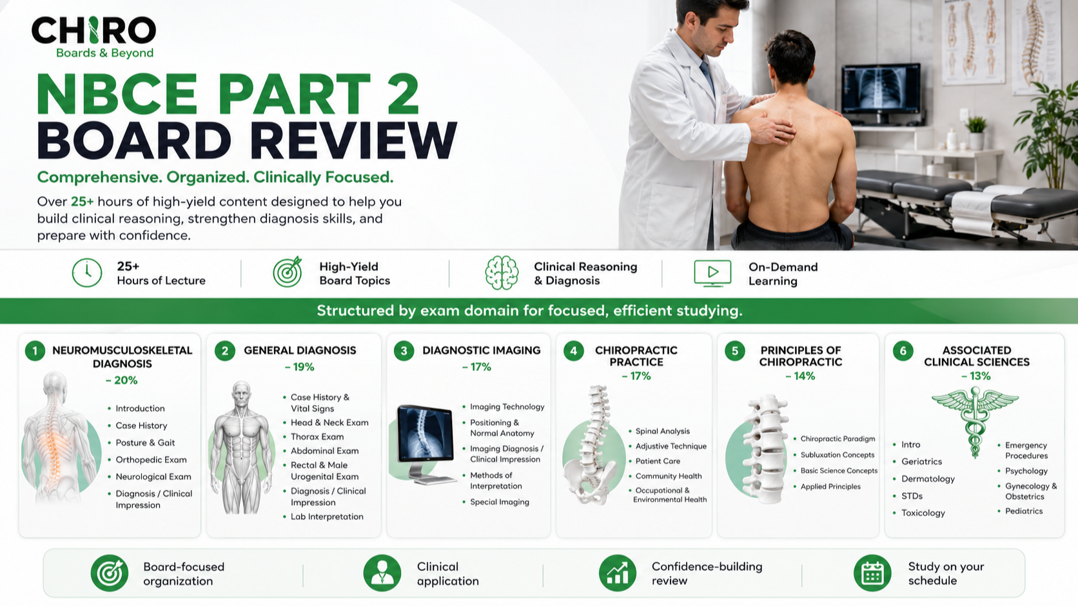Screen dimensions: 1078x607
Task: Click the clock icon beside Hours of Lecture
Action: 87,273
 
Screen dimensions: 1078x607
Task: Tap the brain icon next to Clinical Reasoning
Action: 502,272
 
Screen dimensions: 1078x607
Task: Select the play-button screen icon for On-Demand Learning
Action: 712,273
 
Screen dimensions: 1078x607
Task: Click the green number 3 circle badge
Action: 404,351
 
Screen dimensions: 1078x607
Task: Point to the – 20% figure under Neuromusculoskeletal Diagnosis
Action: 122,381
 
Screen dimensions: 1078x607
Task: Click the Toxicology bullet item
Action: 923,513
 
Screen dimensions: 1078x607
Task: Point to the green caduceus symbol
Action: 975,422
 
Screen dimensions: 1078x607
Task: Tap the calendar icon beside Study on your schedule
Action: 872,573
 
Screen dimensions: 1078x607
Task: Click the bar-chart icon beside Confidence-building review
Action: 618,573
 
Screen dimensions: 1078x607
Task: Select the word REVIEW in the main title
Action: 353,140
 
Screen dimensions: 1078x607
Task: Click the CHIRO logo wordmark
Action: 94,30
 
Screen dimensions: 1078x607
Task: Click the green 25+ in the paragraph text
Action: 83,202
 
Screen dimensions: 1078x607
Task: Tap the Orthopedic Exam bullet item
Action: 151,460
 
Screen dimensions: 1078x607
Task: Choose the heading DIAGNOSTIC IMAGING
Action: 481,350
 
